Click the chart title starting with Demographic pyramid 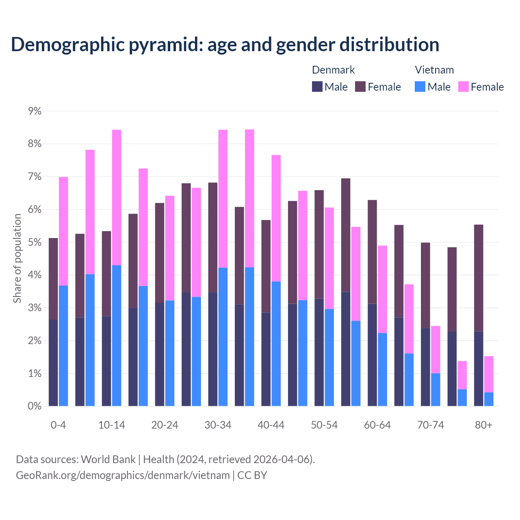[x=225, y=45]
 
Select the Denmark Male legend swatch [x=317, y=87]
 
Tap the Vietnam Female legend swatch [x=463, y=87]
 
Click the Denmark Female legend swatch [x=360, y=87]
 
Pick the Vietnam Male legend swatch [x=420, y=87]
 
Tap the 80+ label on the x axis [x=483, y=425]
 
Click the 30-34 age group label [x=218, y=425]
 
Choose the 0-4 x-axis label [x=58, y=425]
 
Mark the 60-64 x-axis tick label [x=377, y=425]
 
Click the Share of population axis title [x=17, y=258]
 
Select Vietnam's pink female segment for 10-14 [x=117, y=197]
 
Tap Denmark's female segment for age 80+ [x=479, y=278]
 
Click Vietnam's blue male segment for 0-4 [x=63, y=346]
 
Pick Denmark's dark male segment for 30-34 [x=213, y=349]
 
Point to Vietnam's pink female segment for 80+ [x=489, y=374]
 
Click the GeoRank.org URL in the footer [x=123, y=475]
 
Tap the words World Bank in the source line [x=108, y=459]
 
